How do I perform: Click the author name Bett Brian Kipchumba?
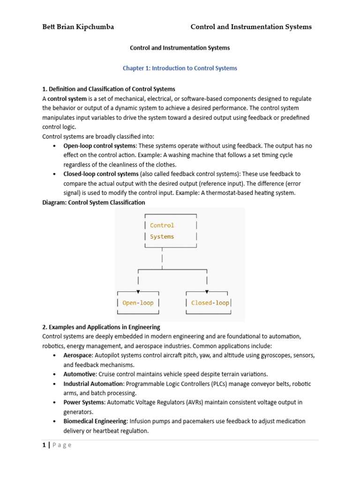[78, 27]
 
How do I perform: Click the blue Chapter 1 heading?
[180, 68]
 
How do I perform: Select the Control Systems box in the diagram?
[171, 231]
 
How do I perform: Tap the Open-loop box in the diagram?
[138, 303]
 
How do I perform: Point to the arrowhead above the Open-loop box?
[138, 292]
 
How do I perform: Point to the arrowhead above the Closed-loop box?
[207, 292]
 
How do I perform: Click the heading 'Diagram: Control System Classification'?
[94, 202]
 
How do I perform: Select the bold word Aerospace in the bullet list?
[78, 355]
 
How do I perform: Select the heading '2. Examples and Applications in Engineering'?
[101, 327]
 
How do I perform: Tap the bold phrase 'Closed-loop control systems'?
[101, 174]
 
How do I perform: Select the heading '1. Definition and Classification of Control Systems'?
[109, 89]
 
